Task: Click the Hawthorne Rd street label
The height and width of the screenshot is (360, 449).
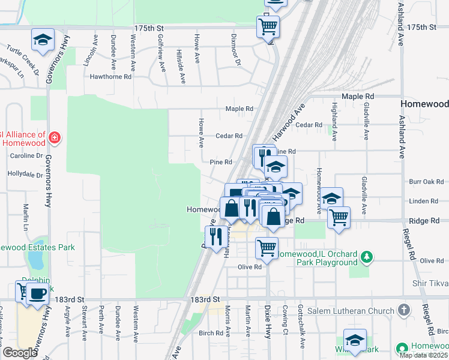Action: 110,77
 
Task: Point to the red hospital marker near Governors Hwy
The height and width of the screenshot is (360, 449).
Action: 55,138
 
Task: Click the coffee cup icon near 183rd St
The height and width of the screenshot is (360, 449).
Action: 38,293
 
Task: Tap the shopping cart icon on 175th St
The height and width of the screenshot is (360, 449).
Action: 268,26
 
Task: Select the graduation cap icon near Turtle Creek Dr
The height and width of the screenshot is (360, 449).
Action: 43,40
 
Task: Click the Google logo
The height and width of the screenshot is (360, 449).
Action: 20,352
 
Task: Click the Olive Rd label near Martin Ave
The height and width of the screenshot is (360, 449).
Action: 250,267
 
